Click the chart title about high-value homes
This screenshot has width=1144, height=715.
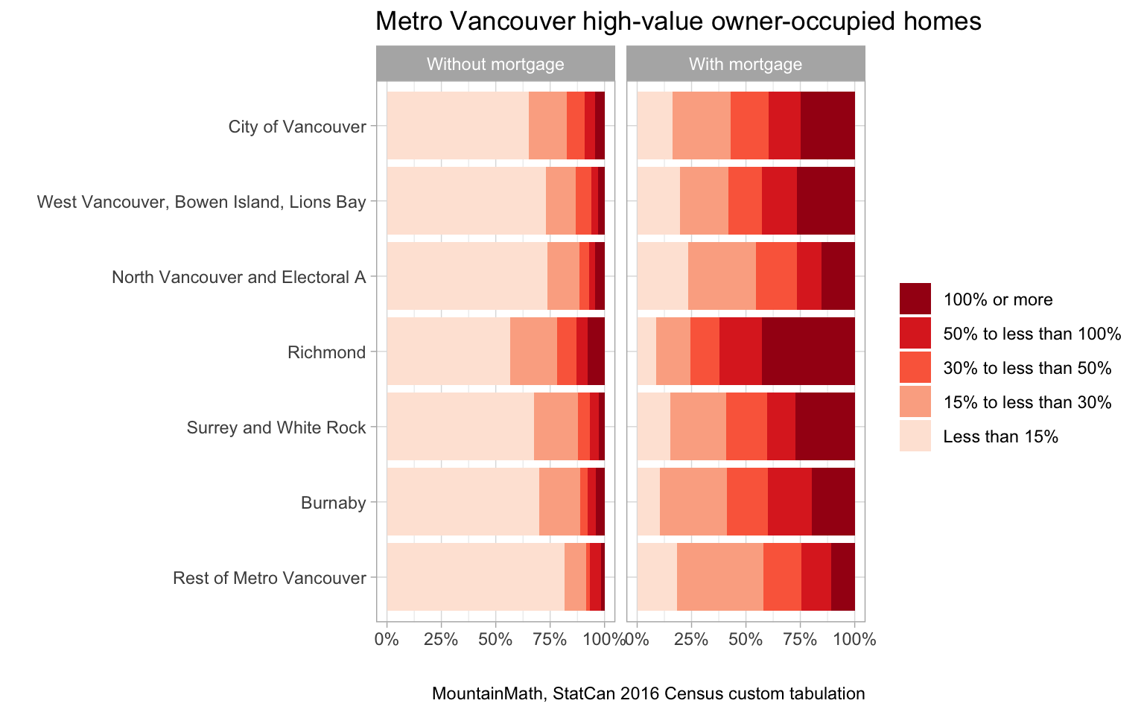pyautogui.click(x=678, y=22)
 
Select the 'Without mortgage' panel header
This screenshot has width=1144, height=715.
pyautogui.click(x=495, y=64)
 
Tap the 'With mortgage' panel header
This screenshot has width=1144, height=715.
pyautogui.click(x=746, y=64)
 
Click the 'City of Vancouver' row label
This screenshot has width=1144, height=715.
pyautogui.click(x=297, y=127)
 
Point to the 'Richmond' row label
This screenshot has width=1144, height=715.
pyautogui.click(x=326, y=352)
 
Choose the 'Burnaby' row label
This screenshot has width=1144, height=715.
pyautogui.click(x=333, y=503)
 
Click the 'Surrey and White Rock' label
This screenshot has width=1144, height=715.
pyautogui.click(x=276, y=428)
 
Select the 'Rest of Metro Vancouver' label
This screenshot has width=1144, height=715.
pyautogui.click(x=269, y=578)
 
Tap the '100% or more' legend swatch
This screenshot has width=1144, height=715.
pyautogui.click(x=915, y=299)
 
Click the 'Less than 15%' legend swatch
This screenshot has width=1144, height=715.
pyautogui.click(x=915, y=436)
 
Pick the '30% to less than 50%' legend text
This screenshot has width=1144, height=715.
pyautogui.click(x=1027, y=368)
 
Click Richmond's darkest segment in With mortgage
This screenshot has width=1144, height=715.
pyautogui.click(x=808, y=352)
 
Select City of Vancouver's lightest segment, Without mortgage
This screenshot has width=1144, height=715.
pyautogui.click(x=457, y=126)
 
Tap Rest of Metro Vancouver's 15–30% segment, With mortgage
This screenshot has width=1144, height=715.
pyautogui.click(x=719, y=577)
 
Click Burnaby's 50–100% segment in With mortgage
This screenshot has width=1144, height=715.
pyautogui.click(x=789, y=502)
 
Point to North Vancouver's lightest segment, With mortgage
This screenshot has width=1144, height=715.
pyautogui.click(x=662, y=276)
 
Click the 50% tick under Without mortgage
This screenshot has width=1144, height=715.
pyautogui.click(x=495, y=639)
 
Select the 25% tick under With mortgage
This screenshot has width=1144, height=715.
pyautogui.click(x=691, y=639)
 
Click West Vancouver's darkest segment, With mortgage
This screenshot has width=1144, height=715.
pyautogui.click(x=825, y=201)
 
